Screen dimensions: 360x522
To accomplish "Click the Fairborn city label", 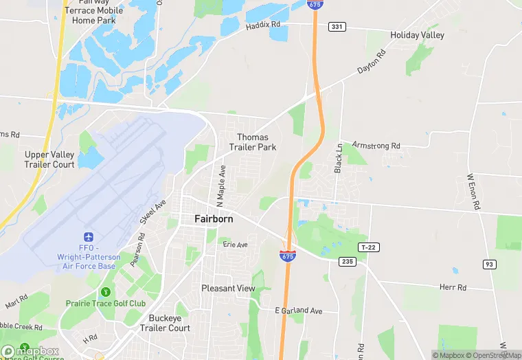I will click(214, 219).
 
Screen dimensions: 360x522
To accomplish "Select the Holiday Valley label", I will click(417, 35).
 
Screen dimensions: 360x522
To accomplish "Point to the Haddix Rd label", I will click(264, 26).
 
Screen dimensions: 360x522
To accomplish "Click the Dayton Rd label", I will click(372, 62).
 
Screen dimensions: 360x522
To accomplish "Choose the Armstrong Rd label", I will click(376, 146).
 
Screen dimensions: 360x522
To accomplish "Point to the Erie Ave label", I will click(234, 244).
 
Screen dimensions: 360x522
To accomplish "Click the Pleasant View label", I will click(228, 289).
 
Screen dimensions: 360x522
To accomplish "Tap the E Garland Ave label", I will click(298, 311).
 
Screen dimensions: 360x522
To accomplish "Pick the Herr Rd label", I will click(453, 288).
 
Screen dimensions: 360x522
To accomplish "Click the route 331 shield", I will click(337, 26).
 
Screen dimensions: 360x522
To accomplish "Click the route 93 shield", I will click(489, 265).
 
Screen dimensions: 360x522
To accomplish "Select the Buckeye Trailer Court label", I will click(169, 323).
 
